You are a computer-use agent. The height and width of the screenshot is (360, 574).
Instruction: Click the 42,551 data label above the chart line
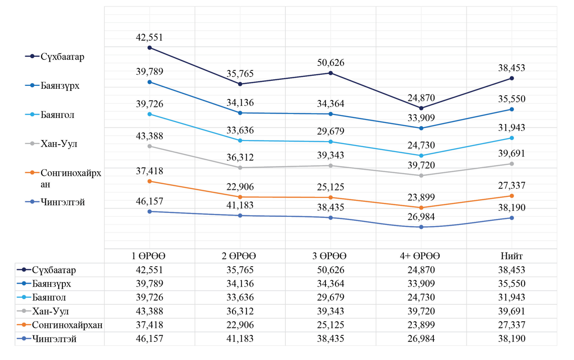pyautogui.click(x=150, y=38)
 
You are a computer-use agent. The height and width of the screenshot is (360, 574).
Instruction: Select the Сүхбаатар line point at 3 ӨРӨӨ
pyautogui.click(x=330, y=73)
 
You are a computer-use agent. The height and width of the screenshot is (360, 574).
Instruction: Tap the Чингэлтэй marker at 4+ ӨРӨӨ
pyautogui.click(x=421, y=227)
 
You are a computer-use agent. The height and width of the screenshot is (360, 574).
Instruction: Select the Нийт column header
pyautogui.click(x=512, y=256)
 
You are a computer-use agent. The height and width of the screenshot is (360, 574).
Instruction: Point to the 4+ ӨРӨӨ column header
pyautogui.click(x=421, y=256)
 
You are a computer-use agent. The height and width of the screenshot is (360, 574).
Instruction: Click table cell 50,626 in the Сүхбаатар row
pyautogui.click(x=330, y=270)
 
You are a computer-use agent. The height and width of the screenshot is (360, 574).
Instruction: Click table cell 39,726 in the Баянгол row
pyautogui.click(x=150, y=298)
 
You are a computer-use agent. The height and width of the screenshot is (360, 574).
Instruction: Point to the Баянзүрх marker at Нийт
pyautogui.click(x=512, y=109)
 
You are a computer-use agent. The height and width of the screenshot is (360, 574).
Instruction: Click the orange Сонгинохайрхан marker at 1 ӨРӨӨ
pyautogui.click(x=150, y=181)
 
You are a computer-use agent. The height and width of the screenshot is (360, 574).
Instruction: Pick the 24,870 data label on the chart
pyautogui.click(x=421, y=98)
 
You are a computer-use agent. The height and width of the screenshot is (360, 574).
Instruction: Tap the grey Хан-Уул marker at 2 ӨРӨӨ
pyautogui.click(x=240, y=168)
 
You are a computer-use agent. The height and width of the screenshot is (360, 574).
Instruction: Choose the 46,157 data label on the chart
pyautogui.click(x=150, y=201)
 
